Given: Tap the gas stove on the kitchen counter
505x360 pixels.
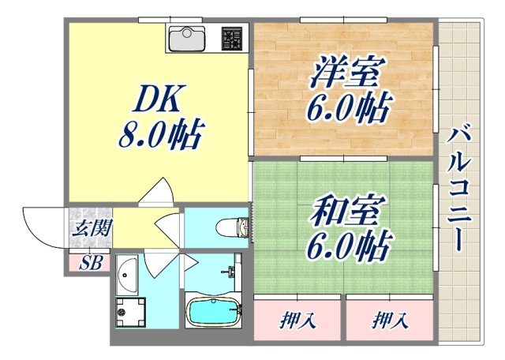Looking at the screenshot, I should pos(232,36).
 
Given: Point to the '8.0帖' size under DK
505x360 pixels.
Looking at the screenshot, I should pos(161,136).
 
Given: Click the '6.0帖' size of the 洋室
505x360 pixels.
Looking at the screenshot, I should pos(345,107).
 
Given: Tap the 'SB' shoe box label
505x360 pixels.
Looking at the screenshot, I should pos(91,263).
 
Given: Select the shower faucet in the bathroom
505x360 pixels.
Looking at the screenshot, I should pos(233,273).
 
